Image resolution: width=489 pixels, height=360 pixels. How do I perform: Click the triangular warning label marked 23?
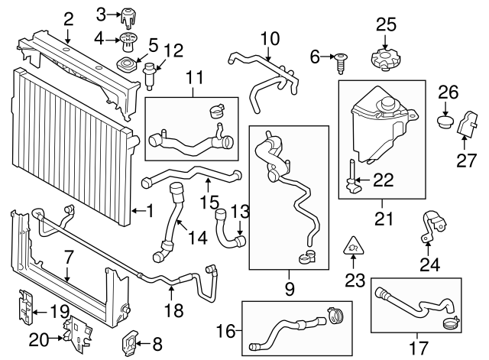point(354,245)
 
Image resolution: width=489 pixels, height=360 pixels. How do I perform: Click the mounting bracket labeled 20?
point(76,330)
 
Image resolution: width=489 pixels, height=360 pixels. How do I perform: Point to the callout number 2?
point(68,18)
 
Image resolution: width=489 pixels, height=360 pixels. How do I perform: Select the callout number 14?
point(197,238)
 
